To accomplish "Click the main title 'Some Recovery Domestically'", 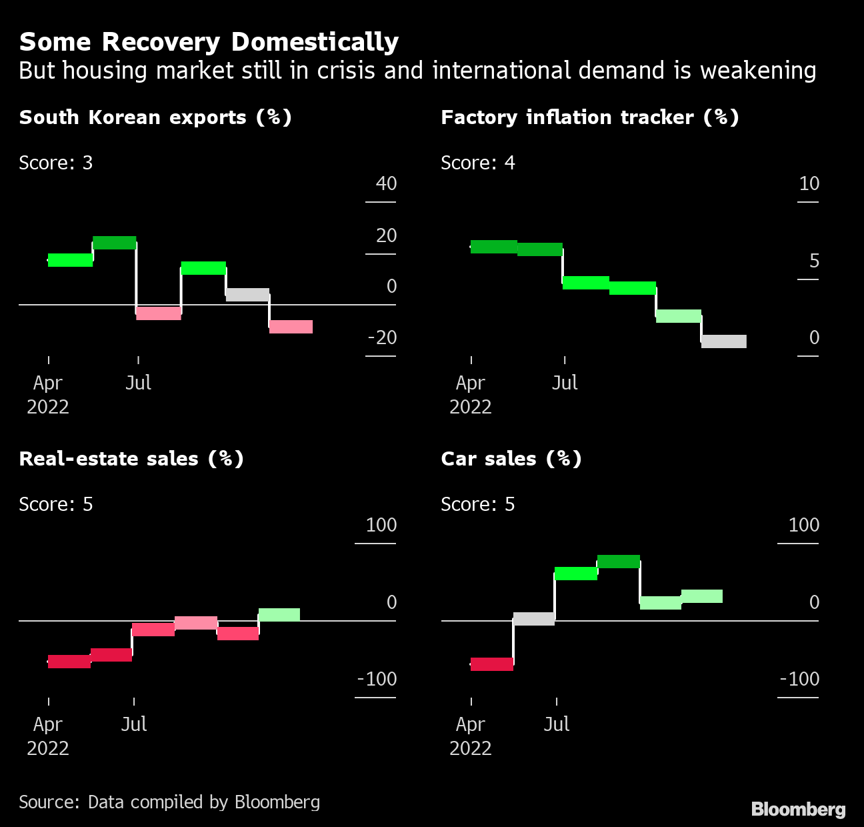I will (x=209, y=42).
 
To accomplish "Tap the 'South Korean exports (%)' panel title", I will (x=155, y=117).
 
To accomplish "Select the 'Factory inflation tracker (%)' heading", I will (x=589, y=117).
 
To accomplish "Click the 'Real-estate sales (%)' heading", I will (x=131, y=459).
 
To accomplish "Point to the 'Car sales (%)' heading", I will (x=511, y=459).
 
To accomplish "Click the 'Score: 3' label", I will (x=55, y=163).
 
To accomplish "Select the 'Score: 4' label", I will (x=477, y=163).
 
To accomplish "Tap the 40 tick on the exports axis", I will (x=386, y=183).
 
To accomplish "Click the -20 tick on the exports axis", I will (x=382, y=337).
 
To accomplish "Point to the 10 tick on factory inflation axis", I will (x=809, y=183).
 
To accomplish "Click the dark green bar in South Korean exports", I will (x=115, y=243).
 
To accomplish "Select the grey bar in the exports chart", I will (x=247, y=295).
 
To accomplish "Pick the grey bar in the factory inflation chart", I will (x=724, y=341).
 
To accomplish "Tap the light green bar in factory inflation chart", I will (x=679, y=316).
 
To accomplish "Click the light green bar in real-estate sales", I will (x=279, y=615).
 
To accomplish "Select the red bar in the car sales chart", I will (x=492, y=664).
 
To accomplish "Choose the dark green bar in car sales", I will (x=619, y=562).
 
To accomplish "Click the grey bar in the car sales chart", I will (x=534, y=619).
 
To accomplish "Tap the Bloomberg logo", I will (x=798, y=810).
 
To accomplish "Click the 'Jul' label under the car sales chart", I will (x=557, y=724).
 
